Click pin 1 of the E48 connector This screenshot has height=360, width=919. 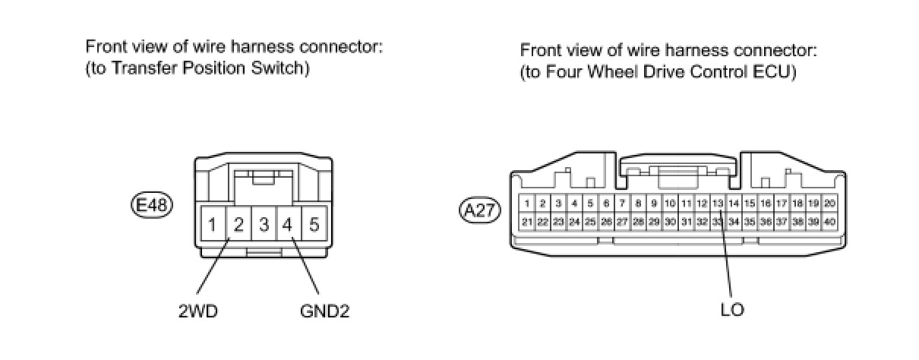[213, 225]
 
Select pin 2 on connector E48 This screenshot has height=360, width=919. [238, 225]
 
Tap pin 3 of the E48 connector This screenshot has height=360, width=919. [264, 225]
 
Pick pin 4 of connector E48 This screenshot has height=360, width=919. [288, 225]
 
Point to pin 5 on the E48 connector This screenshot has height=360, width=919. [313, 225]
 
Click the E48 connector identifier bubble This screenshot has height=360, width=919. [152, 204]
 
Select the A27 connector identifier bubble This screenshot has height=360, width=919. [480, 210]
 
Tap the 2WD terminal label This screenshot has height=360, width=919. [198, 311]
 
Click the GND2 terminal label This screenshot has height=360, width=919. [324, 311]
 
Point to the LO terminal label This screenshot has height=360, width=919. [732, 310]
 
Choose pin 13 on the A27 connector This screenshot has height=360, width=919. [718, 204]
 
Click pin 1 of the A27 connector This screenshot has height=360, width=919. [526, 204]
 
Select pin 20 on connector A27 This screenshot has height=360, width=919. [829, 204]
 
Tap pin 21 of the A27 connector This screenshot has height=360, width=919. [526, 221]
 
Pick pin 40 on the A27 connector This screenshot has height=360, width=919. [829, 221]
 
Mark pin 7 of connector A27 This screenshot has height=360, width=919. [622, 204]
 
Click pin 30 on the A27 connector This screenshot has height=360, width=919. [670, 221]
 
